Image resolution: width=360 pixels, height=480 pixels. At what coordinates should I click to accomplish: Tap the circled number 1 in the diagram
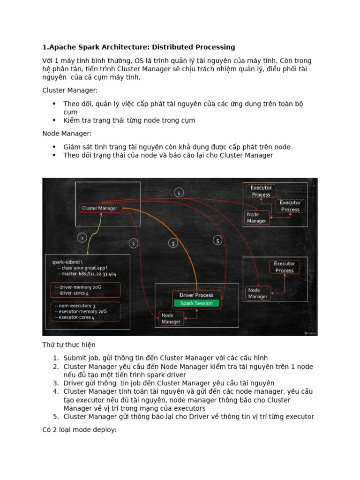[x=82, y=238]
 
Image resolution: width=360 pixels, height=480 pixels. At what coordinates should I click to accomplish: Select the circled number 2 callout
[x=134, y=243]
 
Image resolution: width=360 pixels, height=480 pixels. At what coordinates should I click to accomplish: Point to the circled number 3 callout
[x=173, y=243]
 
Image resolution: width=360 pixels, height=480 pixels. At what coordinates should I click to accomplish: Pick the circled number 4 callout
[x=179, y=192]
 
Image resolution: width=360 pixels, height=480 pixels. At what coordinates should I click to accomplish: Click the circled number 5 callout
[x=217, y=240]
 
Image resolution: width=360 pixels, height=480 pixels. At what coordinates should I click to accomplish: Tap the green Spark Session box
[x=196, y=303]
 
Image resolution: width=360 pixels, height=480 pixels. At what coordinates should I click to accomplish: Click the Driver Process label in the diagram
[x=196, y=295]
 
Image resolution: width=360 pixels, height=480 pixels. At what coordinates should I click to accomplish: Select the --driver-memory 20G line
[x=74, y=286]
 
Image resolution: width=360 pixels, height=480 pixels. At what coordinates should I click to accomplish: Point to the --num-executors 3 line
[x=74, y=305]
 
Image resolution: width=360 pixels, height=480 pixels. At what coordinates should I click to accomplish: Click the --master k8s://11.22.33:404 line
[x=87, y=274]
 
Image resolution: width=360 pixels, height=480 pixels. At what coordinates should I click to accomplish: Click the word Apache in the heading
[x=61, y=47]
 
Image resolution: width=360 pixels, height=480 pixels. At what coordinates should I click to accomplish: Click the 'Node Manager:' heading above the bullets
[x=67, y=134]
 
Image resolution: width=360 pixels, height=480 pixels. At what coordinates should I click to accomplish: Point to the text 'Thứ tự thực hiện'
[x=69, y=345]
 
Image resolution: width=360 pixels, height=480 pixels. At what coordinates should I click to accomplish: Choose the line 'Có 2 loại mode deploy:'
[x=79, y=429]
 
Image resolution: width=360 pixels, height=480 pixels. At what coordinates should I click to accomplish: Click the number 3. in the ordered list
[x=55, y=383]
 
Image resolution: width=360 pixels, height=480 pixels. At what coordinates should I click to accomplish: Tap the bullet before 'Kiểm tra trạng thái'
[x=54, y=120]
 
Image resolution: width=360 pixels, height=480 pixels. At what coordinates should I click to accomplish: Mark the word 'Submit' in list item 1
[x=75, y=359]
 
